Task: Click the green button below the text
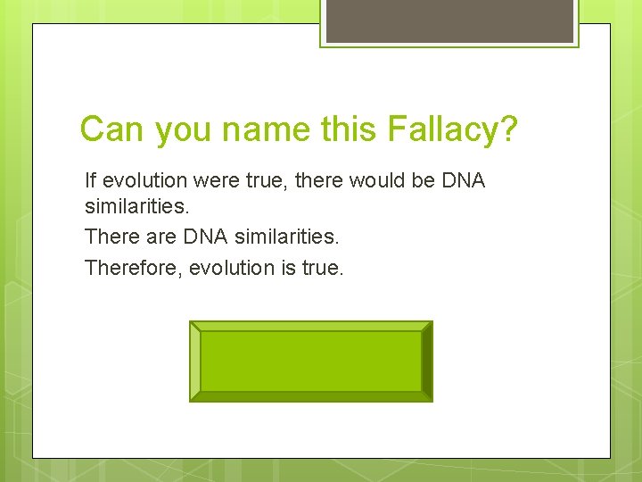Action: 310,361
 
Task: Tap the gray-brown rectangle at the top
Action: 449,20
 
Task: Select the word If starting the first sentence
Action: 90,180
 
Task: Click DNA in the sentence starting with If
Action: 464,180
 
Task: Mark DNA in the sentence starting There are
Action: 201,237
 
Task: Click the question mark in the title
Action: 508,130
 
